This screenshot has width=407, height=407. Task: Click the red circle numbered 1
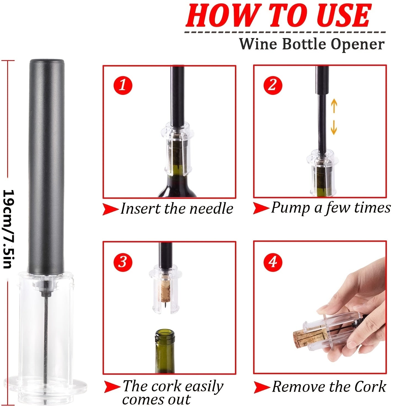pyautogui.click(x=123, y=85)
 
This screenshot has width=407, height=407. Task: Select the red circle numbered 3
pyautogui.click(x=123, y=262)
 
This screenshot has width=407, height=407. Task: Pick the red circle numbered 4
pyautogui.click(x=273, y=262)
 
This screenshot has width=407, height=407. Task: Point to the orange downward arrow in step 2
pyautogui.click(x=334, y=127)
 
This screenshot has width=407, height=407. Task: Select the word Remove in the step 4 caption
pyautogui.click(x=298, y=387)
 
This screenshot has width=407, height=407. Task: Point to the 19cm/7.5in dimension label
pyautogui.click(x=7, y=229)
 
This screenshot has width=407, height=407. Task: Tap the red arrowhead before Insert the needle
pyautogui.click(x=111, y=209)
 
